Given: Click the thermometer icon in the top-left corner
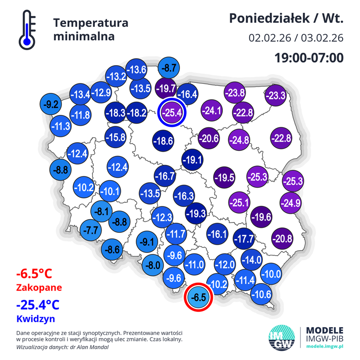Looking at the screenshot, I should (27, 30).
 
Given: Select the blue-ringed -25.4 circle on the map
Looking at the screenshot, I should (173, 112).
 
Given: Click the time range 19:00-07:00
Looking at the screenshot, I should (309, 58).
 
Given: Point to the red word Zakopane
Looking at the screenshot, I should (38, 288).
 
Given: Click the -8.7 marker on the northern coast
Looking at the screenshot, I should (169, 68).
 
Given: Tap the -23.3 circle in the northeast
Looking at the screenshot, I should (275, 96).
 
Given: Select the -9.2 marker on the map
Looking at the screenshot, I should (51, 104).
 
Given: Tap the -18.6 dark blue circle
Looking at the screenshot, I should (163, 141).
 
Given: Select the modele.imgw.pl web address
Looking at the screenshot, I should (324, 347).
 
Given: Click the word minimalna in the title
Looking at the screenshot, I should (84, 36).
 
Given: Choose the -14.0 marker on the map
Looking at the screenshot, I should (251, 260).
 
